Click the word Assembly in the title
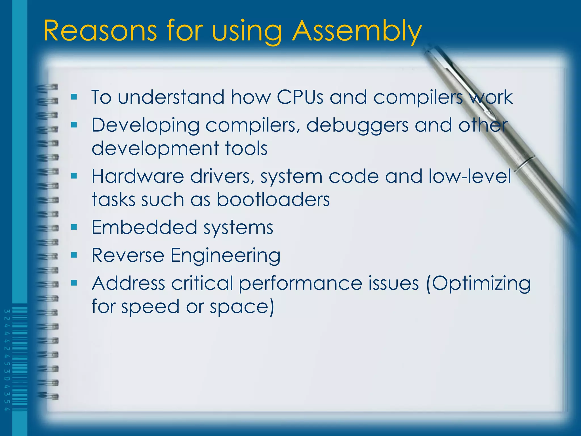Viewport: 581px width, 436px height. (357, 31)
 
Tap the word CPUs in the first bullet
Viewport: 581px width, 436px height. (300, 97)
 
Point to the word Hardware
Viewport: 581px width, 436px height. (138, 176)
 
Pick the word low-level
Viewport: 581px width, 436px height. (470, 176)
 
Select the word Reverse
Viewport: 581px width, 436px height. (128, 255)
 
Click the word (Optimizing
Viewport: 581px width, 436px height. (478, 284)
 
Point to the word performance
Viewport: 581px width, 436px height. (300, 284)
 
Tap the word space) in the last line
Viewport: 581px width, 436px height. (242, 307)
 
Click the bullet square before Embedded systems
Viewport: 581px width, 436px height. (74, 227)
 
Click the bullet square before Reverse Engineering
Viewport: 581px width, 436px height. (74, 255)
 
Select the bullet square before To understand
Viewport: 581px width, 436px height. (74, 97)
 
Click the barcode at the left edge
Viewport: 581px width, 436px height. (19, 359)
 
